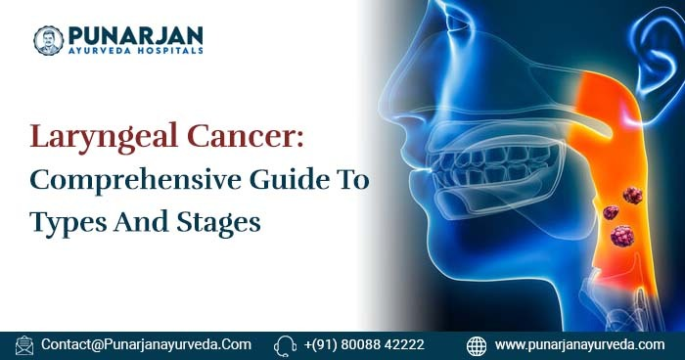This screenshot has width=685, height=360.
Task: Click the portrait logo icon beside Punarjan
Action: point(48,40)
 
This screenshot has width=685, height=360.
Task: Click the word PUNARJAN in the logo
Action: point(133,33)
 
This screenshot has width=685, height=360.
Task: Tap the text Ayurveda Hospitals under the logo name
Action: point(133,50)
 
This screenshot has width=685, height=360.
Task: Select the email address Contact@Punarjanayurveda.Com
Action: point(147,345)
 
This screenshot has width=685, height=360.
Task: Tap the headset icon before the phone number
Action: point(286,345)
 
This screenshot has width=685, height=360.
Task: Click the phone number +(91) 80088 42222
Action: point(364,345)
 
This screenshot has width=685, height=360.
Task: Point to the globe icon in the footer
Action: point(477,345)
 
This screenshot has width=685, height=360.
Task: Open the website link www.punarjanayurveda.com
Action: point(579,345)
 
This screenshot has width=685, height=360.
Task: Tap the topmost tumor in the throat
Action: point(632,194)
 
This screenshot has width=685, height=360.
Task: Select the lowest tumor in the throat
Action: point(620,236)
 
